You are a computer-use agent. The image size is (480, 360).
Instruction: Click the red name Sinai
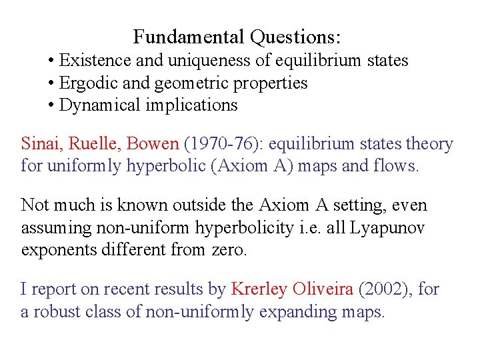click(x=39, y=144)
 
